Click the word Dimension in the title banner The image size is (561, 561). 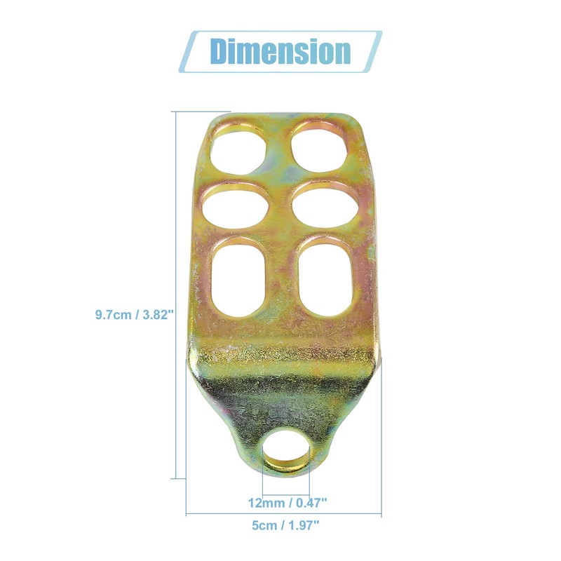click(280, 51)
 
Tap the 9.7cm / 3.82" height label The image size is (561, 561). click(135, 315)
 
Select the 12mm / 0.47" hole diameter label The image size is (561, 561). click(288, 503)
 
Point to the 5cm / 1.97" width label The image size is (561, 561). click(285, 525)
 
